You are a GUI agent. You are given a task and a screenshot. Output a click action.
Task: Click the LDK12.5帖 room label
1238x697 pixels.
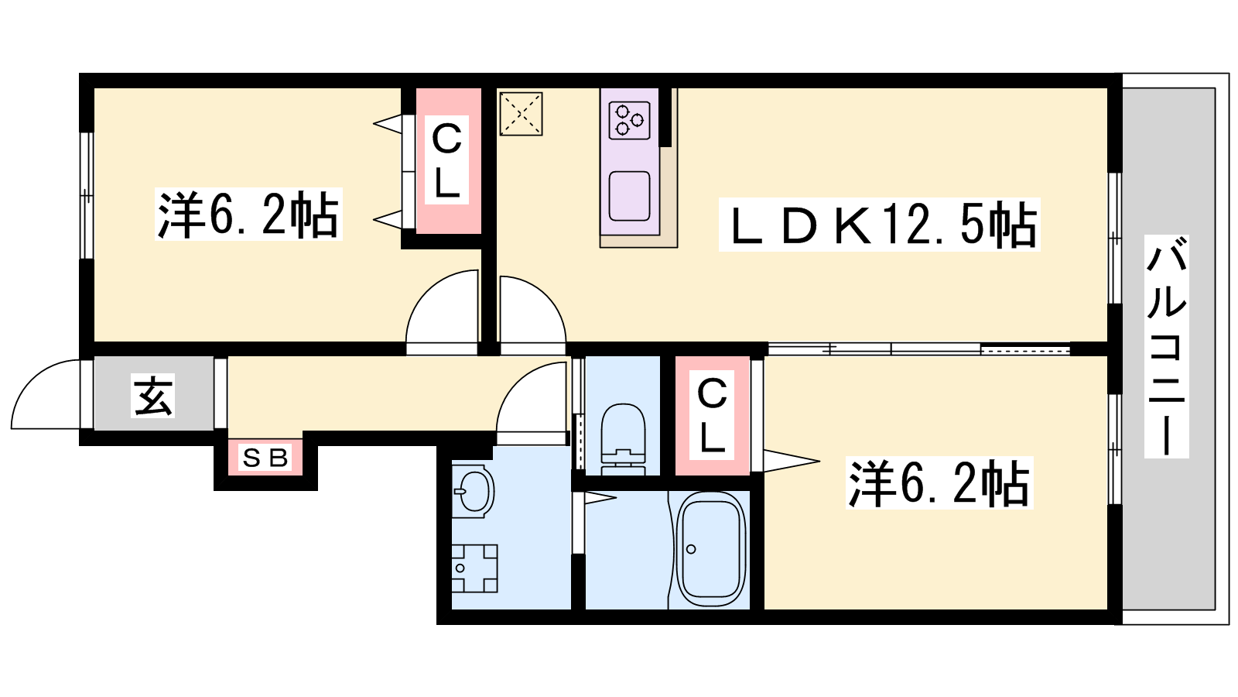tap(880, 224)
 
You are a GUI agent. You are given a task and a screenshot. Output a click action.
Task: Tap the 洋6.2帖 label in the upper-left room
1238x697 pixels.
tap(248, 214)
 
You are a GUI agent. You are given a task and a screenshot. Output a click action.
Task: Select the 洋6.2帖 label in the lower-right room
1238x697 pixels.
tap(939, 483)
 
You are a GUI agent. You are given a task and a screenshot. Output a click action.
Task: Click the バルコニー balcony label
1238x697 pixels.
tap(1167, 346)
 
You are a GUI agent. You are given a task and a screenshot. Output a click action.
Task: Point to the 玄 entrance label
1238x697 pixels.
tap(152, 395)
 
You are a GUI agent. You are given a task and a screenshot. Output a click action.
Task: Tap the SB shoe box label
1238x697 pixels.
tap(265, 458)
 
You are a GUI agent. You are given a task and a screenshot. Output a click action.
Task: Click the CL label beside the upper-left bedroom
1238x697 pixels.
tap(446, 160)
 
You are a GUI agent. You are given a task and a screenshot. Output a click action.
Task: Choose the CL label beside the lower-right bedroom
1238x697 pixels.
tap(712, 415)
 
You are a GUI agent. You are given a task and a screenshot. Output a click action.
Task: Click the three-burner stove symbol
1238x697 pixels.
tap(630, 120)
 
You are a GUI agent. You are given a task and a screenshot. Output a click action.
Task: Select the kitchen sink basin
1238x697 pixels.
tap(630, 197)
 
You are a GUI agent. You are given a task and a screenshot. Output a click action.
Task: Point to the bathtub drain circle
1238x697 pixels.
tap(691, 549)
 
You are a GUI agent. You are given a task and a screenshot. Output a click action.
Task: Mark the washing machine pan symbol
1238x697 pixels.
tap(474, 568)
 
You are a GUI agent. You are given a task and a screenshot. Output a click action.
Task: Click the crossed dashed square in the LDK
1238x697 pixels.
tap(522, 114)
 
